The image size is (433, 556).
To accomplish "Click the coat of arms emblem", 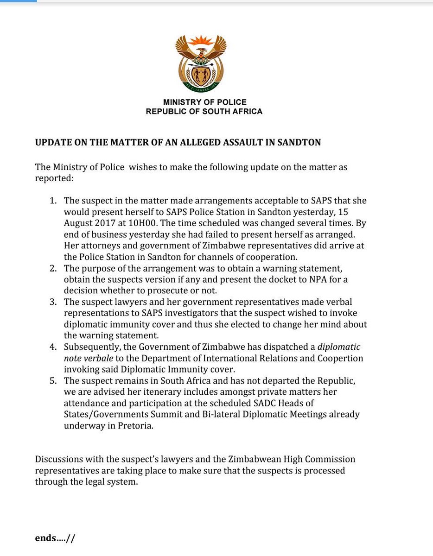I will (x=201, y=63).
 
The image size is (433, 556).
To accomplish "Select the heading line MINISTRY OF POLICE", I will (x=204, y=102).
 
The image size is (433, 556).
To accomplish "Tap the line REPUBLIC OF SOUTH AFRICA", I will (x=204, y=112).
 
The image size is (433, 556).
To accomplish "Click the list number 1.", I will (x=52, y=201).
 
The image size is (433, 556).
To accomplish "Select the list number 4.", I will (x=52, y=347).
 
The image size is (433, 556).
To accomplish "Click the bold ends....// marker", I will (x=55, y=538).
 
